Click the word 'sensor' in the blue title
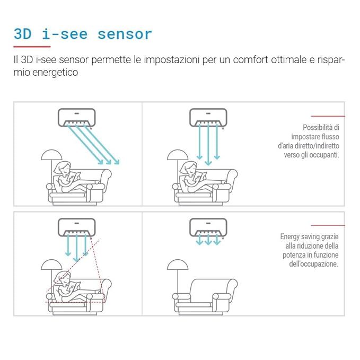(x=125, y=34)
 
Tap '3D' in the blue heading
(x=23, y=34)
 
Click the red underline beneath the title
(x=32, y=47)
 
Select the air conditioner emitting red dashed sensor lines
(x=77, y=227)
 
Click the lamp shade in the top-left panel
(x=51, y=154)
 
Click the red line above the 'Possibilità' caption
(x=328, y=116)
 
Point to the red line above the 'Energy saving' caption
(x=328, y=225)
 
